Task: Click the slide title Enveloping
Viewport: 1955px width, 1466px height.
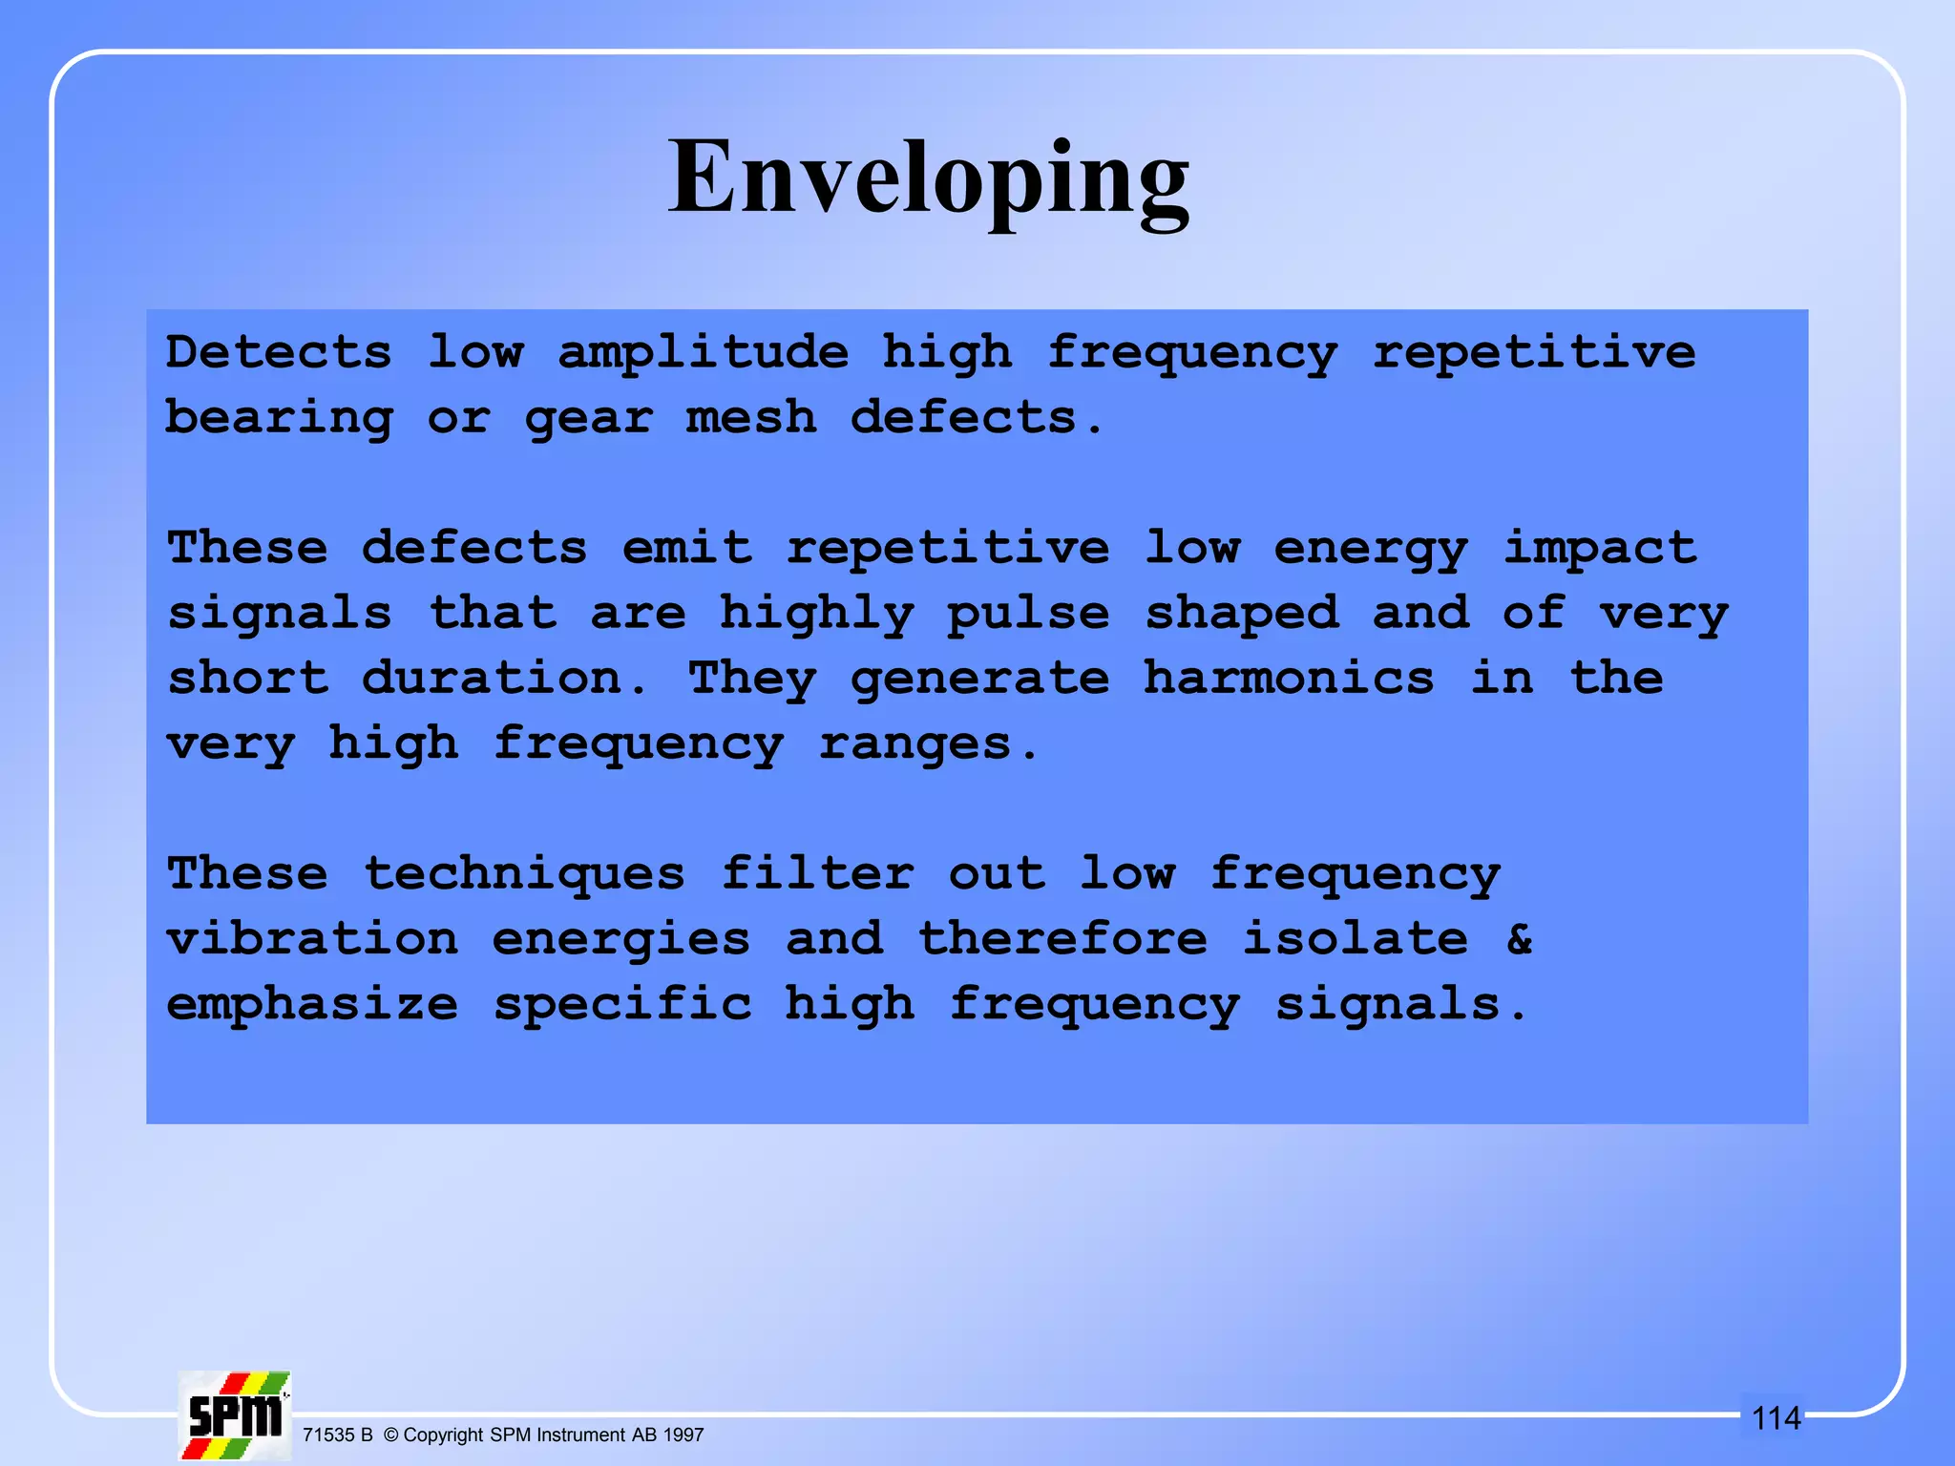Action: [928, 179]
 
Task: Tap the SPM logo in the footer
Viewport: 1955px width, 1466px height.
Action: [235, 1415]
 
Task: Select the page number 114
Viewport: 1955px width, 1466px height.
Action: [1776, 1418]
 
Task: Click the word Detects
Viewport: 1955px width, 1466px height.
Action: [279, 352]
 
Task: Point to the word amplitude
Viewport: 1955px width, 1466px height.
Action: [704, 353]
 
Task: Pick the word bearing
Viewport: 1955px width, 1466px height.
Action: [279, 419]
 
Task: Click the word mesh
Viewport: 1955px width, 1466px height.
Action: [751, 418]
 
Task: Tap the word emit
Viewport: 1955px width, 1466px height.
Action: [686, 548]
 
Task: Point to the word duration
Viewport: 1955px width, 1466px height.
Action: [493, 679]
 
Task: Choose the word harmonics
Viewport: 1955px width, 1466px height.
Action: [1288, 679]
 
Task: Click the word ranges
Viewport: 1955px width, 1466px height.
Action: [915, 744]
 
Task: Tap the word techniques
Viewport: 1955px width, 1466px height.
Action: [524, 875]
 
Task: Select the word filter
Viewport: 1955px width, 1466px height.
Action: [817, 873]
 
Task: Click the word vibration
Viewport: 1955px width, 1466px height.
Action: [312, 939]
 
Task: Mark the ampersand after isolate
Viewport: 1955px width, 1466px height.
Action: [1520, 939]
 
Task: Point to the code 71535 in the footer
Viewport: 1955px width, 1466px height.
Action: [328, 1435]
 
